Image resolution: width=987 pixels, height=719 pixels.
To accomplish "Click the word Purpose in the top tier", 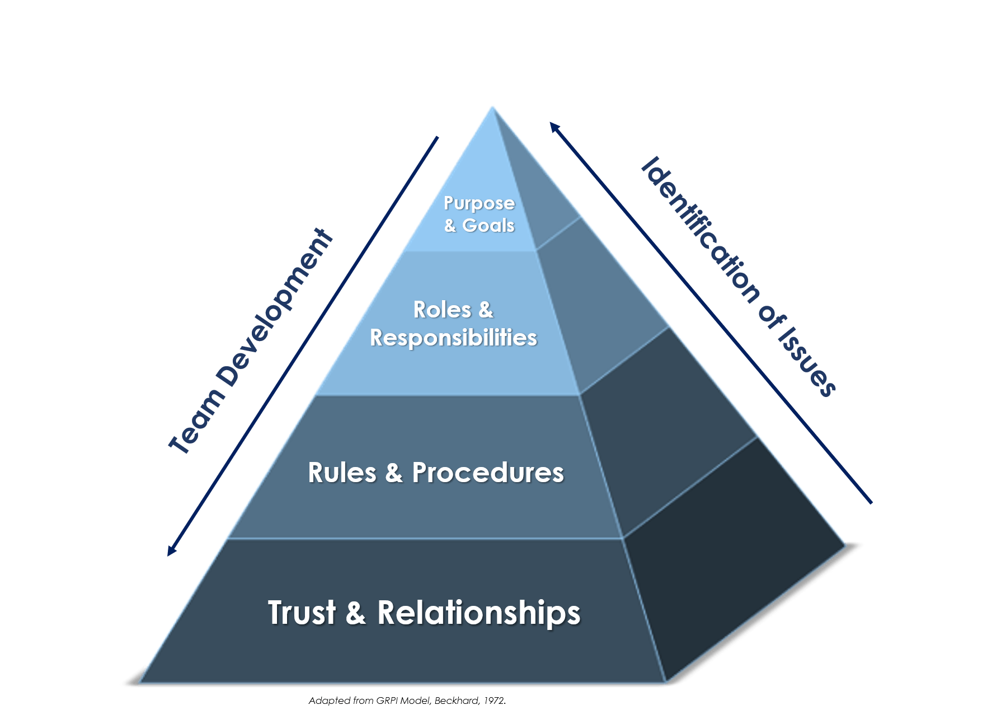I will click(x=479, y=203).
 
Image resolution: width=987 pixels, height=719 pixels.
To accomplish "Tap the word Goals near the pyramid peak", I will click(x=488, y=225).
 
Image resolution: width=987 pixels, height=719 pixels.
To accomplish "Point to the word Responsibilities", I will click(x=453, y=338).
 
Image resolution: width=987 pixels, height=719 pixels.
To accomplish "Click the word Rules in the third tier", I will click(x=342, y=473).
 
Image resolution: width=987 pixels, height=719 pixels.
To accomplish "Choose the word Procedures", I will click(x=488, y=473).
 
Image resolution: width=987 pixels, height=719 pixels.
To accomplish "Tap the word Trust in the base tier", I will click(x=302, y=613).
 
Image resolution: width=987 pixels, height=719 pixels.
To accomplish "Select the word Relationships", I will click(x=479, y=613).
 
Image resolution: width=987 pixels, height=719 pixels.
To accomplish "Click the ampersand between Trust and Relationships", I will click(x=356, y=613).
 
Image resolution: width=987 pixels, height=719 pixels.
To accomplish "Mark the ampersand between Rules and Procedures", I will click(x=394, y=473).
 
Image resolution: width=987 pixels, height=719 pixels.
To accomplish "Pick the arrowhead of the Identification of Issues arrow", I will click(x=553, y=126).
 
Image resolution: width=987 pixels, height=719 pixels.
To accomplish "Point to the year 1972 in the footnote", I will click(x=495, y=701).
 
